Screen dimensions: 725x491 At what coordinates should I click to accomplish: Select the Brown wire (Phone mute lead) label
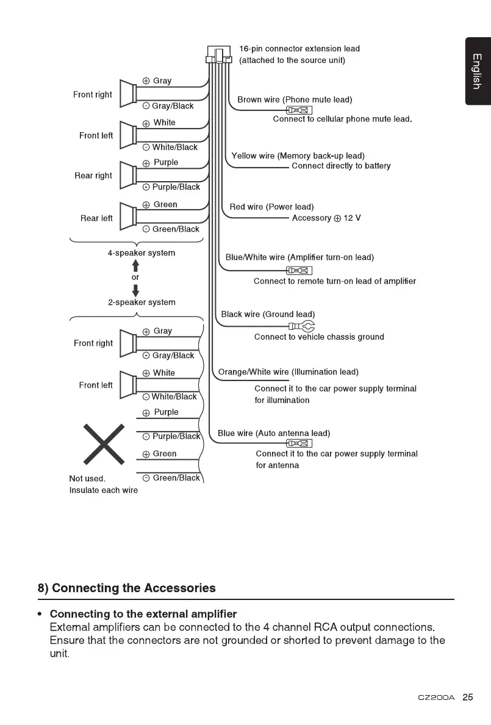[295, 99]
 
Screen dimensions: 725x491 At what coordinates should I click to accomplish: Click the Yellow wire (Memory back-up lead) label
[298, 155]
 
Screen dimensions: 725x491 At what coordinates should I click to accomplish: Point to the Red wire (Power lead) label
[271, 207]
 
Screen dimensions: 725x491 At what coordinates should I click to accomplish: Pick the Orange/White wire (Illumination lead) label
[288, 372]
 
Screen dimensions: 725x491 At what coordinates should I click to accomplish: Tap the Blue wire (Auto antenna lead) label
[274, 433]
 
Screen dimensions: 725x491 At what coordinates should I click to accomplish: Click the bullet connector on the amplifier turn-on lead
[299, 271]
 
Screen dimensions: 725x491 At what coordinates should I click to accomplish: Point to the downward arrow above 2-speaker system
[135, 289]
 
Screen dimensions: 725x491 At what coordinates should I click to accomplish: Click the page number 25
[468, 698]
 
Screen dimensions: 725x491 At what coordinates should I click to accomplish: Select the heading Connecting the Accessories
[126, 588]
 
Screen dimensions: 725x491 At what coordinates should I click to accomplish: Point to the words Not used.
[87, 479]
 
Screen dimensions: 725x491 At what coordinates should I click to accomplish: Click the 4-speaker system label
[142, 253]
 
